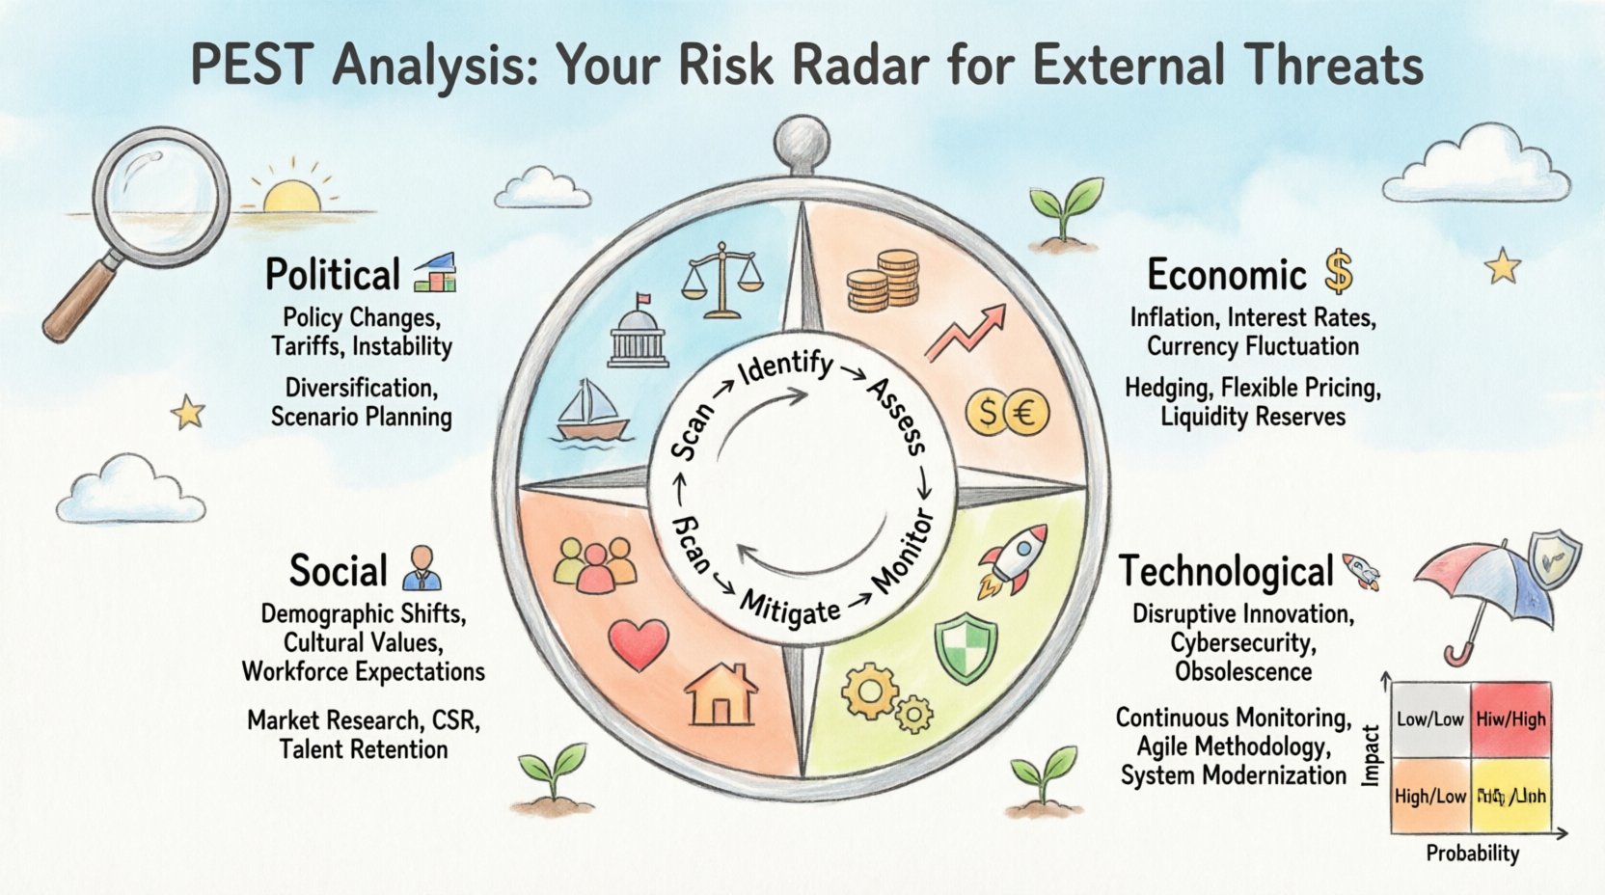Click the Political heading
(x=332, y=275)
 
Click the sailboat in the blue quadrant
(x=590, y=411)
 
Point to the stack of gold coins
(x=884, y=280)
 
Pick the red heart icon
(x=639, y=644)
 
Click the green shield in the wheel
(x=966, y=650)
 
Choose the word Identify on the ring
(x=785, y=367)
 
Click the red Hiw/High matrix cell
(x=1510, y=719)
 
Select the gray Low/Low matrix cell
(x=1430, y=719)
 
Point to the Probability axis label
(x=1472, y=854)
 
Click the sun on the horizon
(x=291, y=197)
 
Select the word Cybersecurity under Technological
(x=1242, y=642)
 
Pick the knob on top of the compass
(x=802, y=140)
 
